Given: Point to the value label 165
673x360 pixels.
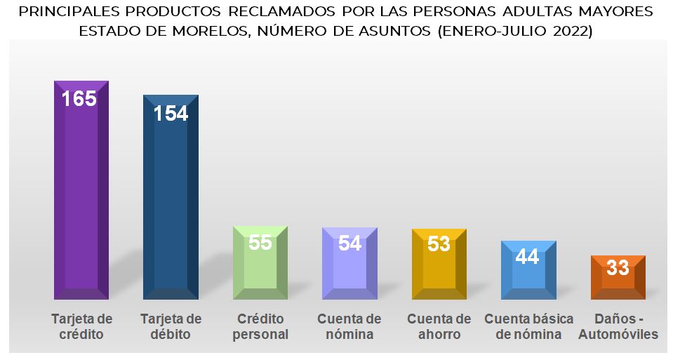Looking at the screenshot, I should coord(79,98).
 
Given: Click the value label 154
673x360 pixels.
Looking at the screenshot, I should coord(171,113).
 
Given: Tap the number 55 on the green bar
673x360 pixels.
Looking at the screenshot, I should coord(260,242).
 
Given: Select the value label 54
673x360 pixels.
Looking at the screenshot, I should coord(349,243).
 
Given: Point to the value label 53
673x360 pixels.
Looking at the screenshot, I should coord(439,244).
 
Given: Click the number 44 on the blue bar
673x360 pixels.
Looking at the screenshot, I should coord(527,256).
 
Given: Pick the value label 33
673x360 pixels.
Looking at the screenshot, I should coord(618,267).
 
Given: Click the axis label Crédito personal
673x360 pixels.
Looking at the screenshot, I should coord(260,327).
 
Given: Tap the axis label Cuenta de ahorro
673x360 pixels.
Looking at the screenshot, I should coord(439,327).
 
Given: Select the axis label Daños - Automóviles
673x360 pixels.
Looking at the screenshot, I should coord(618,327).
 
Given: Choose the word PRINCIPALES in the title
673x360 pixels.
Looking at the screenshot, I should coord(68,12).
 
